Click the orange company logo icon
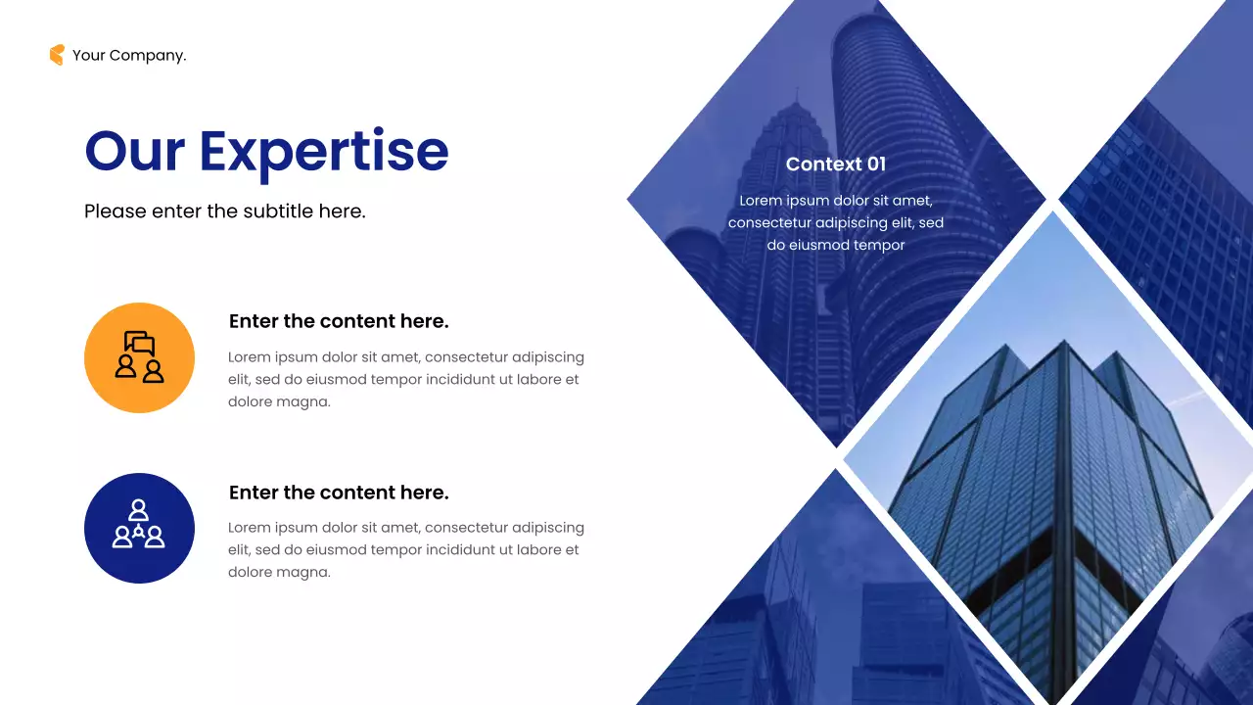click(x=57, y=55)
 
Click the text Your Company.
click(x=129, y=56)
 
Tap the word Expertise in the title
click(x=324, y=153)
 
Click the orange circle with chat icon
click(x=139, y=357)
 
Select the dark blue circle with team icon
click(x=139, y=528)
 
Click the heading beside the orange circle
click(x=339, y=321)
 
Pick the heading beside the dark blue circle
click(x=339, y=493)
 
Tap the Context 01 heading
click(x=835, y=164)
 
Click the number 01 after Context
click(x=875, y=164)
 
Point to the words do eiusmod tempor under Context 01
click(x=835, y=245)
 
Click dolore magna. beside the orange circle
click(x=279, y=401)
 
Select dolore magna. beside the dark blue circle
click(x=279, y=572)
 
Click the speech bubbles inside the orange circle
click(x=140, y=343)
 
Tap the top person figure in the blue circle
click(x=139, y=509)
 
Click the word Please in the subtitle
click(x=115, y=211)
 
